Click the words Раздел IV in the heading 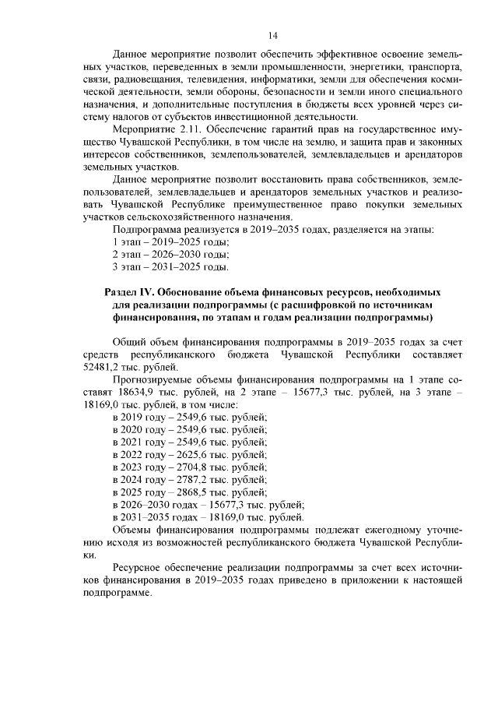click(129, 291)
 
